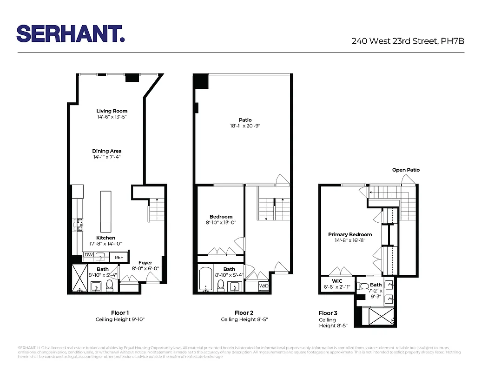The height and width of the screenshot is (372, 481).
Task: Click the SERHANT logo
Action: point(70,33)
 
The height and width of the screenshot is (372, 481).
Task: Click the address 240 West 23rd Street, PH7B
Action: point(408,41)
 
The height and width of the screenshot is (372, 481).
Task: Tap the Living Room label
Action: point(112,111)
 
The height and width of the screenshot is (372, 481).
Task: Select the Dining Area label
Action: point(106,151)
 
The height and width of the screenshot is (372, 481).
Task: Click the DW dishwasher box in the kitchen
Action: point(88,254)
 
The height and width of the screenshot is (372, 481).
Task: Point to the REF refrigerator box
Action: point(119,258)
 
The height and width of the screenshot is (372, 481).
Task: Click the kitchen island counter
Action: point(106,211)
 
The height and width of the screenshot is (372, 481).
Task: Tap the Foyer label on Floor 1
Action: point(145,263)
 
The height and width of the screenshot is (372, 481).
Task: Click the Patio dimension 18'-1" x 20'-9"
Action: point(245,126)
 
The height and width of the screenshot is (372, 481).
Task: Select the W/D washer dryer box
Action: point(264,286)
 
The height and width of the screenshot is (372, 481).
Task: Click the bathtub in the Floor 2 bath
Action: point(205,279)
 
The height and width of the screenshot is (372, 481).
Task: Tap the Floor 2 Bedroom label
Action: point(221,217)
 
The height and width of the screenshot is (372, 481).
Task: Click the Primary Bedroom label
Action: point(350,235)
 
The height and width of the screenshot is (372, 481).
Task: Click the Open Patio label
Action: point(406,170)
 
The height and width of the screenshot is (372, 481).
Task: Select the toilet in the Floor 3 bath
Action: point(364,286)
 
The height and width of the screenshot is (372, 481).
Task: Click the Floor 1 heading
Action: point(120,312)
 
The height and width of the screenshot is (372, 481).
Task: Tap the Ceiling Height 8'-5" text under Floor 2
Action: point(244,319)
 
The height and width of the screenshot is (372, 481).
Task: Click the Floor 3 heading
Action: point(328,313)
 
